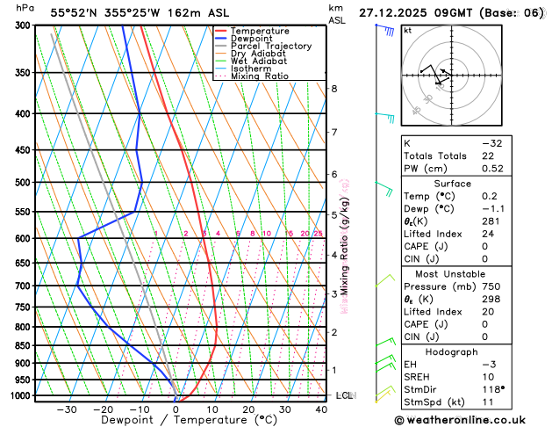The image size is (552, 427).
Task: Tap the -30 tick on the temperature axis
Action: click(66, 409)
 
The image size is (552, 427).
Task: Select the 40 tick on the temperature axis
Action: click(321, 409)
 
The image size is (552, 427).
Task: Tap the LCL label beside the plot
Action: click(344, 396)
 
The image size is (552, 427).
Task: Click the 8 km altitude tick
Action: click(334, 89)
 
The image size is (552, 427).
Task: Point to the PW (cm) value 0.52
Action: click(492, 169)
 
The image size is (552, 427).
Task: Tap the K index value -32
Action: click(492, 142)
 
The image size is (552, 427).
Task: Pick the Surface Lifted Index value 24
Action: click(487, 235)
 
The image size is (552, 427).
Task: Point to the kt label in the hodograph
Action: click(407, 30)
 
